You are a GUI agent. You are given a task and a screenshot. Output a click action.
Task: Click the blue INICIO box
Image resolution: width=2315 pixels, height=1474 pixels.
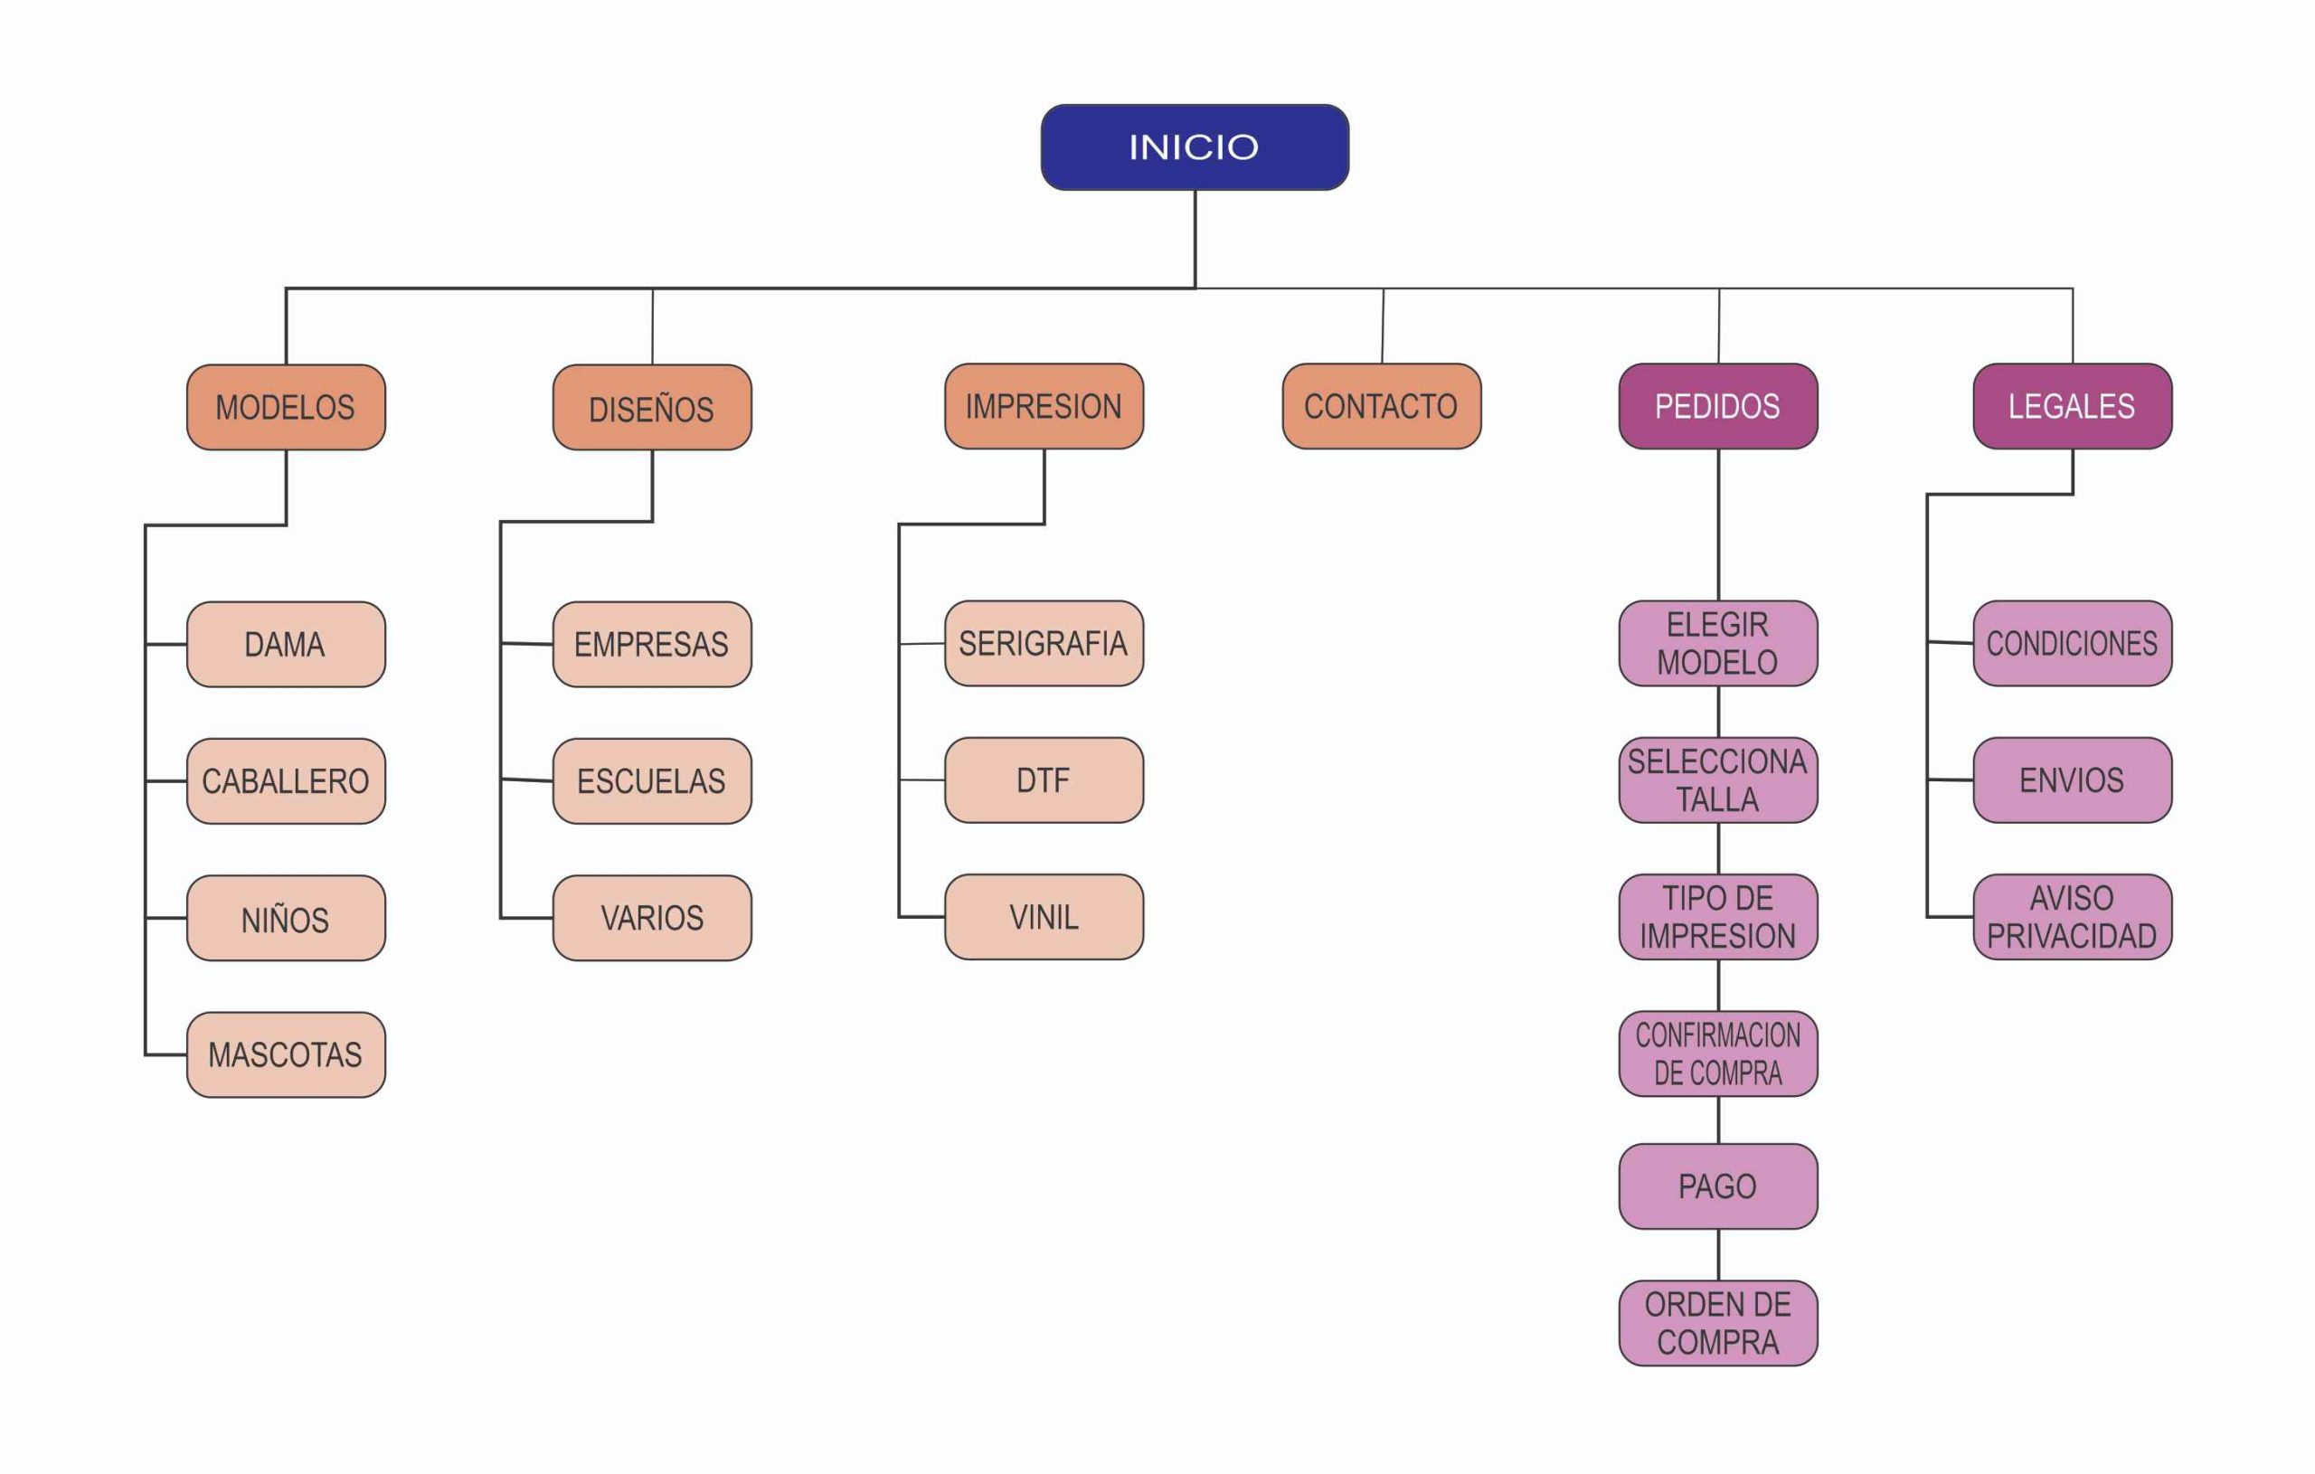pyautogui.click(x=1194, y=147)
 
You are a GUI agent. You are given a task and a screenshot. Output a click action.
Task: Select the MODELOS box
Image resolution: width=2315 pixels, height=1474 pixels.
pyautogui.click(x=286, y=407)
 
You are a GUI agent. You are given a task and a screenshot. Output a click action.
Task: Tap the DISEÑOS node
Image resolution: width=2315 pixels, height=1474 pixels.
pyautogui.click(x=652, y=408)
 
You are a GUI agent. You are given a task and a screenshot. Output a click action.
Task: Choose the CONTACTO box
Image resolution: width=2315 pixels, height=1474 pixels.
pyautogui.click(x=1382, y=406)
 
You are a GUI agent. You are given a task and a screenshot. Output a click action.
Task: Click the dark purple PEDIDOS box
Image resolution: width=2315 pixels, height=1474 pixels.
pyautogui.click(x=1718, y=406)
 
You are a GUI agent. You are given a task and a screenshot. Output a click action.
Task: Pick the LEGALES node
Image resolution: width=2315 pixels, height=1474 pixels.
pyautogui.click(x=2072, y=406)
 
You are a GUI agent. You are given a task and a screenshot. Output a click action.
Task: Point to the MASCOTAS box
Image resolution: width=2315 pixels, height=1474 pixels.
pyautogui.click(x=286, y=1054)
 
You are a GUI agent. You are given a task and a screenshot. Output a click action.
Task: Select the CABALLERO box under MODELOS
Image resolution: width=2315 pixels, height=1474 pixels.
pyautogui.click(x=286, y=780)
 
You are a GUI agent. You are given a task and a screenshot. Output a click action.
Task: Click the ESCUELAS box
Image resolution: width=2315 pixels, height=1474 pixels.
pyautogui.click(x=652, y=780)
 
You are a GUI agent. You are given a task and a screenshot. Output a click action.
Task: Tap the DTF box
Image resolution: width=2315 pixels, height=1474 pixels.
pyautogui.click(x=1043, y=780)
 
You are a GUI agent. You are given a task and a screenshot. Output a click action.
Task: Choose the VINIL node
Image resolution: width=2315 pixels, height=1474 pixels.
pyautogui.click(x=1043, y=916)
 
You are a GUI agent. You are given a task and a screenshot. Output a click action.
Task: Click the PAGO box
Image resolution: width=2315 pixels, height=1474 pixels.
pyautogui.click(x=1718, y=1186)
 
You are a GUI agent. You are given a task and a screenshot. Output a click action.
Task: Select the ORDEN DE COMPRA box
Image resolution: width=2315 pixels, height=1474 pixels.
pyautogui.click(x=1718, y=1322)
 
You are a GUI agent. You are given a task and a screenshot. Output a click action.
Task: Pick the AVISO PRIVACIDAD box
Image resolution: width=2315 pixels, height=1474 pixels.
pyautogui.click(x=2072, y=916)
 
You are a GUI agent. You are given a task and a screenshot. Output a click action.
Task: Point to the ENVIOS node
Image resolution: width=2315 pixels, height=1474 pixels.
pyautogui.click(x=2072, y=780)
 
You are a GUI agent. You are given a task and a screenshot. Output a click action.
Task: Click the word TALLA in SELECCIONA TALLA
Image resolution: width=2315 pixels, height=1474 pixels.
pyautogui.click(x=1718, y=800)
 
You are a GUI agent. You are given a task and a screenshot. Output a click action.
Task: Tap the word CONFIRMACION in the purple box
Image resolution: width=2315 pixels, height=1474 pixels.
pyautogui.click(x=1718, y=1035)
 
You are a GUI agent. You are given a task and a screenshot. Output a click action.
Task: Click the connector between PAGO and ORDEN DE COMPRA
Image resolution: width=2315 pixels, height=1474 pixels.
pyautogui.click(x=1719, y=1255)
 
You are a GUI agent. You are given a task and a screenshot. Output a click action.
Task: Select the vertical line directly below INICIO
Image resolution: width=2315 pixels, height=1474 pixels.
pyautogui.click(x=1195, y=239)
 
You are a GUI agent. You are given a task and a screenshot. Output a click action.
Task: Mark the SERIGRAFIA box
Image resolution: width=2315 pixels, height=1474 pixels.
pyautogui.click(x=1043, y=643)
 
